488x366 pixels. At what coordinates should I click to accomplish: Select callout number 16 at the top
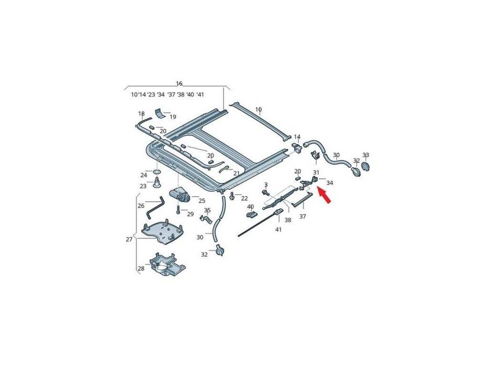pyautogui.click(x=179, y=84)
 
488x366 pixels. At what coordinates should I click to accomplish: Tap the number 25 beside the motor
pyautogui.click(x=202, y=201)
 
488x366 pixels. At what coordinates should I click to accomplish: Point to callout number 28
pyautogui.click(x=141, y=268)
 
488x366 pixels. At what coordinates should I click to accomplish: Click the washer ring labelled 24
pyautogui.click(x=157, y=172)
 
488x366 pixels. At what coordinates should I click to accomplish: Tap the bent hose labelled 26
pyautogui.click(x=155, y=207)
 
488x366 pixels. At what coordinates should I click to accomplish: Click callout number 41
pyautogui.click(x=278, y=230)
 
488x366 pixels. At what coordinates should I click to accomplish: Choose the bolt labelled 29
pyautogui.click(x=178, y=210)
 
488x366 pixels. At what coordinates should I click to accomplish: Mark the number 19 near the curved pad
pyautogui.click(x=173, y=117)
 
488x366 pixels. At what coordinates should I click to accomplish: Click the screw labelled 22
pyautogui.click(x=232, y=196)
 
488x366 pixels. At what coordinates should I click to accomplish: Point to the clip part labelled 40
pyautogui.click(x=252, y=215)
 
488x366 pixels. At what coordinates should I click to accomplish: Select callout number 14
pyautogui.click(x=297, y=136)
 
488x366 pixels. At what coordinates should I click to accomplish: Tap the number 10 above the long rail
pyautogui.click(x=258, y=110)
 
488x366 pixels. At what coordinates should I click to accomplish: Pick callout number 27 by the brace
pyautogui.click(x=129, y=239)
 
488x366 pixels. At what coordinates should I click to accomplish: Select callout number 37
pyautogui.click(x=302, y=216)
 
